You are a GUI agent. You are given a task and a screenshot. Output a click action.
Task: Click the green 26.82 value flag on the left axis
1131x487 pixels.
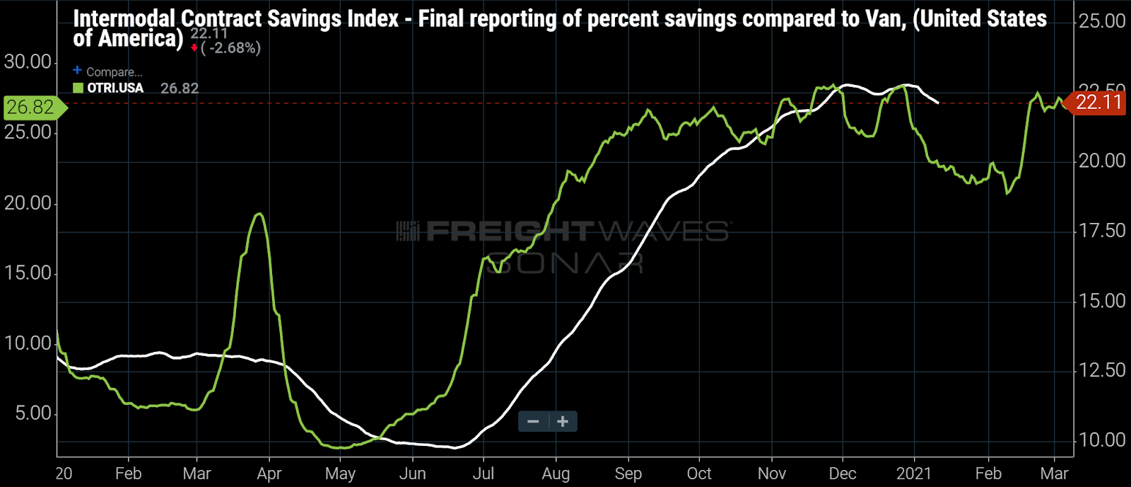32,108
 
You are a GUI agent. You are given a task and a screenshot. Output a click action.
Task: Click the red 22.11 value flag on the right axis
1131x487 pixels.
1098,103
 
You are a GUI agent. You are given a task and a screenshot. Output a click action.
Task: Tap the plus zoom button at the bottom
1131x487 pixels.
563,422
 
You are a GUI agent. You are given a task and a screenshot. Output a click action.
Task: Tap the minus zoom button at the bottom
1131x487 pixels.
533,422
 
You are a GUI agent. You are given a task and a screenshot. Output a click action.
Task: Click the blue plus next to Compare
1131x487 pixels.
77,70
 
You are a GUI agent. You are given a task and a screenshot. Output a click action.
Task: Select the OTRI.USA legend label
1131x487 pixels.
115,88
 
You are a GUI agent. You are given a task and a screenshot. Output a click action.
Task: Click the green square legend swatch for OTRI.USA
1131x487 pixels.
78,88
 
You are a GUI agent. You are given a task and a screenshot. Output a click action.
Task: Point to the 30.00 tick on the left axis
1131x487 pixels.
28,62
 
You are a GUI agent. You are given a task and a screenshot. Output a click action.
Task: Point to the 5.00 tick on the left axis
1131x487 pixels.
33,413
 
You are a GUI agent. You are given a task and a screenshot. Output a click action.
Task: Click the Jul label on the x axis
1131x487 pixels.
483,474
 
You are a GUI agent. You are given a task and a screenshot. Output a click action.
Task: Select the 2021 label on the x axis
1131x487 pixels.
914,474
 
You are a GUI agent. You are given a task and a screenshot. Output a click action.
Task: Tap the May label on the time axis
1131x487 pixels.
340,474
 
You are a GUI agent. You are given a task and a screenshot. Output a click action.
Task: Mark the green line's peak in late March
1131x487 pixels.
260,214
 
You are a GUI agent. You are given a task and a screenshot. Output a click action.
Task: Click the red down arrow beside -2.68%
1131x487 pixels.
194,48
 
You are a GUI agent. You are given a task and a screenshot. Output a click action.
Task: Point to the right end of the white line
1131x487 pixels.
938,103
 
